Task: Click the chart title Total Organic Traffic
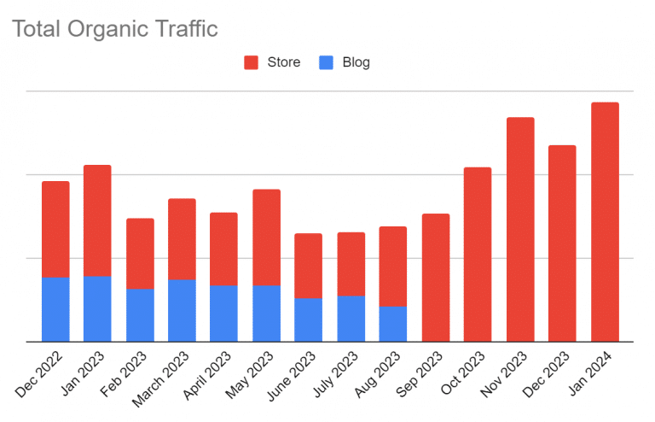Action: click(x=115, y=29)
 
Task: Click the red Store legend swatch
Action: click(x=252, y=62)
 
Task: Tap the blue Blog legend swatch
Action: click(x=326, y=62)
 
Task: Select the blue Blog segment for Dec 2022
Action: click(x=55, y=309)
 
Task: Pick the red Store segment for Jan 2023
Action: click(x=97, y=220)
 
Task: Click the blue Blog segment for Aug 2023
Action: click(x=393, y=324)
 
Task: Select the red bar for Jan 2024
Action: click(x=605, y=222)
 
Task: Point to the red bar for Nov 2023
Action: click(x=520, y=229)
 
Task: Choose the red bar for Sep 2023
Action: click(x=436, y=278)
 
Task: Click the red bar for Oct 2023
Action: click(x=478, y=255)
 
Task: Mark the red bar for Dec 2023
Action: click(x=562, y=243)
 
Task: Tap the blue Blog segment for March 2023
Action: click(x=182, y=310)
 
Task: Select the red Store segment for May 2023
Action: click(x=266, y=237)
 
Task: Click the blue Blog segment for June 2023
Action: click(x=309, y=319)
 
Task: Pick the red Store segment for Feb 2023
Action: click(x=140, y=254)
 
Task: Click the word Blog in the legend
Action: click(x=356, y=62)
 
